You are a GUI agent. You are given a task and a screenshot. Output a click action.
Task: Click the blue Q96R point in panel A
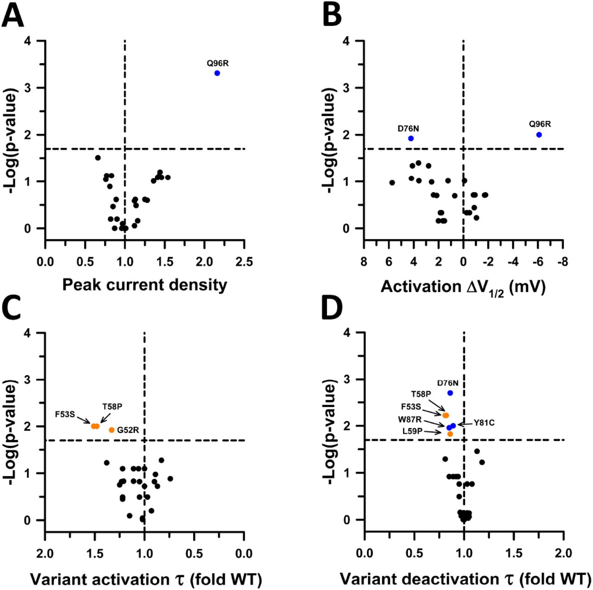217,73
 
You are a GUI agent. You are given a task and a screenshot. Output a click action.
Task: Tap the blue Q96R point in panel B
539,134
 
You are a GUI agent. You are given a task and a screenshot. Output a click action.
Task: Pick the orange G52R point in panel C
112,430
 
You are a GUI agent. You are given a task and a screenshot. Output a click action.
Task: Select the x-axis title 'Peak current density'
145,285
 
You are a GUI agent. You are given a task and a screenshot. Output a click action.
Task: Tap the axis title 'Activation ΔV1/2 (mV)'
463,287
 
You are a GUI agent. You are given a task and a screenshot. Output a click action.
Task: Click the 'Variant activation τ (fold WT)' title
146,579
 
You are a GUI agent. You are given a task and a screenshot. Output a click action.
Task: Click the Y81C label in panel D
484,423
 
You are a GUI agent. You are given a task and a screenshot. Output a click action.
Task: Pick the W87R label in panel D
410,419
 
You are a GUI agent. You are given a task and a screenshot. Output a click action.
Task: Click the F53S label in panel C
65,414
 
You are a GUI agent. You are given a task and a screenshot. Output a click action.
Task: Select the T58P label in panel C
112,407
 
